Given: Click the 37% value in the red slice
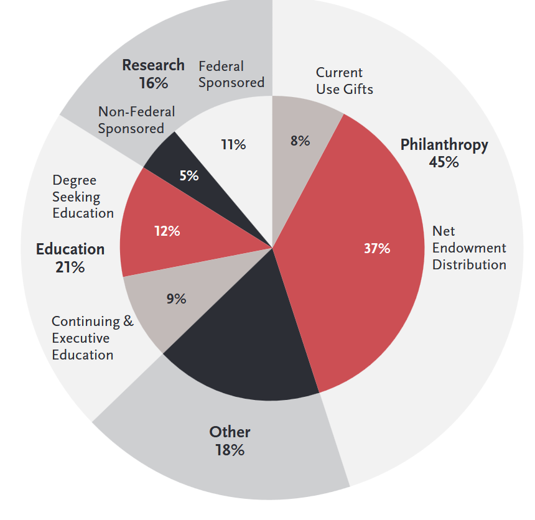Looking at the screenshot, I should coord(377,249).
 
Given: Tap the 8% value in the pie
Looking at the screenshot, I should coord(300,141).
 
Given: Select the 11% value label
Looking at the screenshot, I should coord(233,145).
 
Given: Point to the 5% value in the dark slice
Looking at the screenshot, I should coord(189,176).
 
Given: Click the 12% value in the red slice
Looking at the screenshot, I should coord(167,231).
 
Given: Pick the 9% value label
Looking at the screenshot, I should coord(176,299).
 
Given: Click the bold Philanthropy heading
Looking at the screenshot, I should coord(444,145).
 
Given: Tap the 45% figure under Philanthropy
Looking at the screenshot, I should coord(444,162).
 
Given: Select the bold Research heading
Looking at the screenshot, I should coord(153,65).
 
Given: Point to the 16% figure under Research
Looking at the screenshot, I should coord(153,83).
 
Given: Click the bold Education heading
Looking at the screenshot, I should coord(70,249).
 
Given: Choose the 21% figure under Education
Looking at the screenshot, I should coord(70,267).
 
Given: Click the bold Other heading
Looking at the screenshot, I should coord(230,432).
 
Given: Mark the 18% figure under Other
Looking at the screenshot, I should coord(230,450).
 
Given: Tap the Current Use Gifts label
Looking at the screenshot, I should coord(345,81).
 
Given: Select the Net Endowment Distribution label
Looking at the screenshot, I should coord(469,248).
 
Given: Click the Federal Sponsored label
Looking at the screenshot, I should coord(231,74).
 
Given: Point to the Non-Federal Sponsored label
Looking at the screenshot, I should coord(136,120).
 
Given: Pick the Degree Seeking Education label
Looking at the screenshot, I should coord(83,197).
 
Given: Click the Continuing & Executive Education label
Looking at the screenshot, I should coord(92,338).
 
